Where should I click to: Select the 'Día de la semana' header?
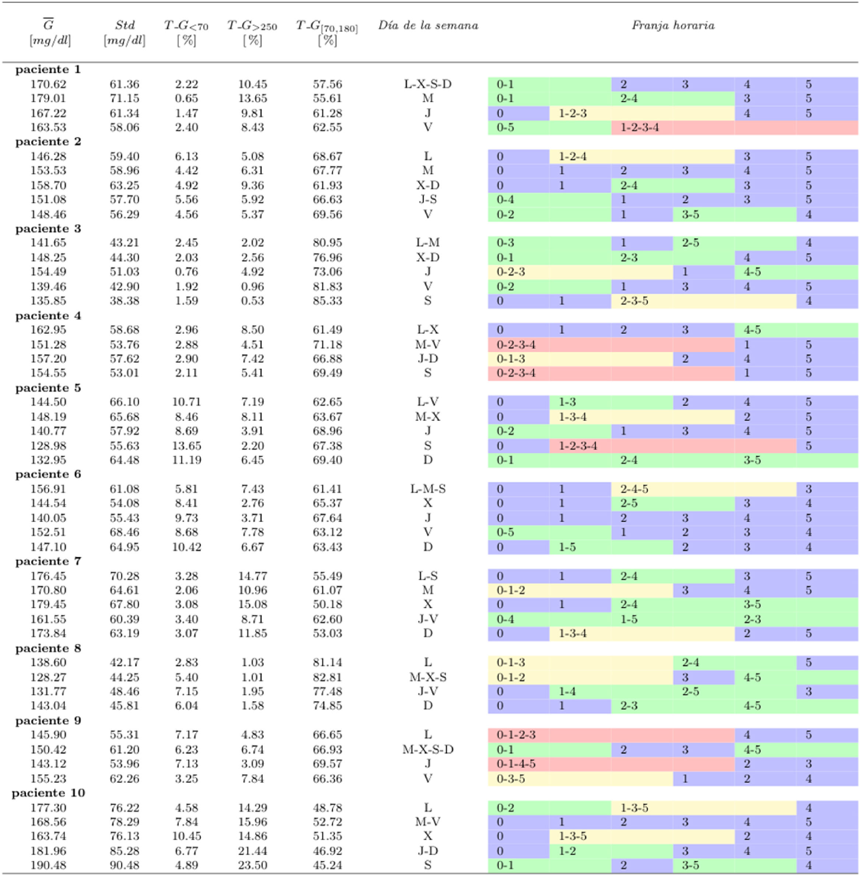tap(428, 25)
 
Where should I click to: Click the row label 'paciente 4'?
tap(48, 315)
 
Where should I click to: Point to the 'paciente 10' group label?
tap(48, 793)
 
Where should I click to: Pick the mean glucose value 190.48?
tap(48, 865)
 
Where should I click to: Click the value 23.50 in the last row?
tap(252, 865)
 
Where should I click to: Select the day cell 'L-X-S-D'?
tap(428, 84)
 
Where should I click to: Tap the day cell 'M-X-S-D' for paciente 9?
tap(428, 749)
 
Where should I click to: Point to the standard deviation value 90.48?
tap(124, 865)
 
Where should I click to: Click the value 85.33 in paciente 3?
tap(327, 301)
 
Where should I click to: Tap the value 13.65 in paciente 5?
tap(186, 446)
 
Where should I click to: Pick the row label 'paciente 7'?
tap(48, 561)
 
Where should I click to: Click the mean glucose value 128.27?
tap(48, 677)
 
